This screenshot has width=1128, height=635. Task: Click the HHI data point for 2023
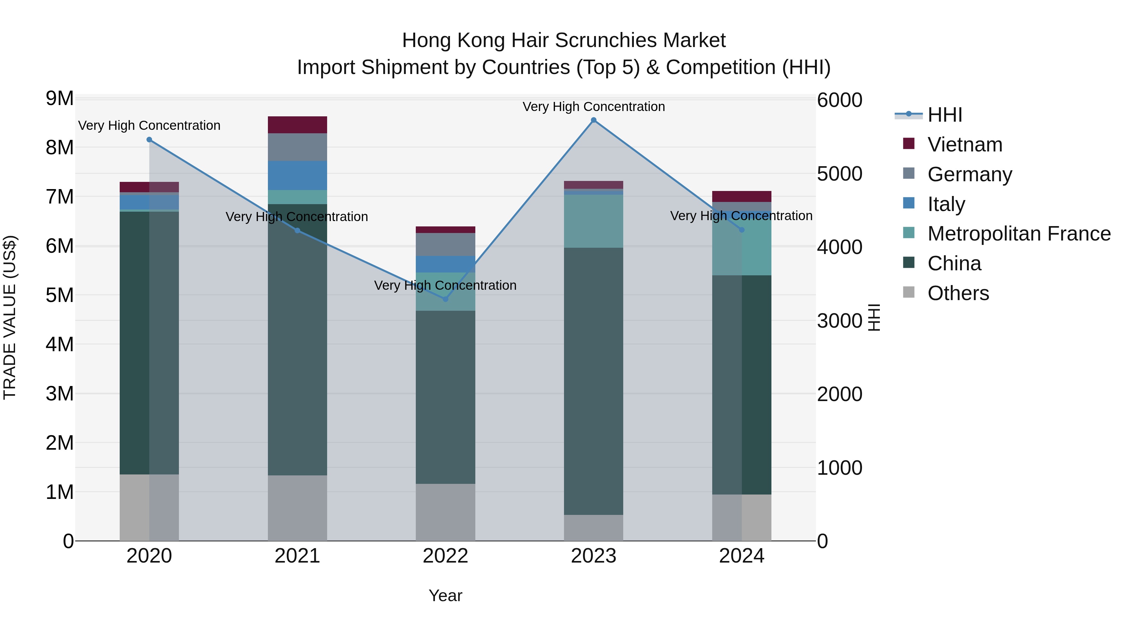point(593,120)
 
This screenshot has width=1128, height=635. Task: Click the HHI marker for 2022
point(445,299)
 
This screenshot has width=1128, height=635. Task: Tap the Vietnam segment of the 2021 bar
point(297,125)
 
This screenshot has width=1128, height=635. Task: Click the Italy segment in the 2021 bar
point(297,175)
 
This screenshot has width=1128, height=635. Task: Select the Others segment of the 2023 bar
point(593,528)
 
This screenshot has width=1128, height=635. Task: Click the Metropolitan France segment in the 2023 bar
point(593,221)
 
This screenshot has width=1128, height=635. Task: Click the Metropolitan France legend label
point(1019,234)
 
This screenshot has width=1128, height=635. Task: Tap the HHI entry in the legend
point(944,115)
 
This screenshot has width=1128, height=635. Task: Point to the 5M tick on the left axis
point(60,295)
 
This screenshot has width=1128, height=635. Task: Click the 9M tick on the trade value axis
point(60,98)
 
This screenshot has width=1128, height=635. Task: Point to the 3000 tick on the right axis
point(839,321)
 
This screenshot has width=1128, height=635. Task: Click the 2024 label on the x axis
point(741,556)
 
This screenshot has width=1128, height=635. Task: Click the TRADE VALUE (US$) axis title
point(10,317)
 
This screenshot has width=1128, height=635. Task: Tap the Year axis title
point(445,595)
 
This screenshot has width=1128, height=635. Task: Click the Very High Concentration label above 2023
point(593,107)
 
